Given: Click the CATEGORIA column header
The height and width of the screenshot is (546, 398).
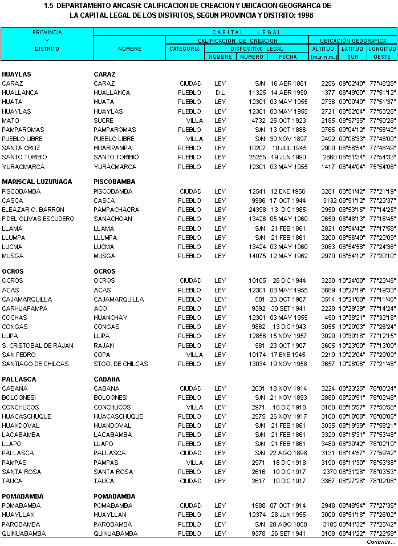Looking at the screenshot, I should point(184,49).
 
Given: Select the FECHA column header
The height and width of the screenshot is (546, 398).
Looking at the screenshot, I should point(287,57).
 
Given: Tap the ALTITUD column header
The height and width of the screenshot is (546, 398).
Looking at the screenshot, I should point(323,49).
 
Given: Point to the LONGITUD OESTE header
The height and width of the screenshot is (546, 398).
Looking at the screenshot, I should point(382,53).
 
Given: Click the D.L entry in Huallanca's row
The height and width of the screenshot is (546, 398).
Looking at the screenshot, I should point(220,93).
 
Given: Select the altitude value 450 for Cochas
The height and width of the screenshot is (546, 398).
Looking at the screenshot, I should point(330,318).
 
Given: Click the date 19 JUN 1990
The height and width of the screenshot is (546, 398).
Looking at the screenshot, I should point(289,157).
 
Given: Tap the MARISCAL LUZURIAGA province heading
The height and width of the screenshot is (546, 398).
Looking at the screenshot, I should point(37,182).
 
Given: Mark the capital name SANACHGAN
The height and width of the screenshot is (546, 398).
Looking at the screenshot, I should point(113,219).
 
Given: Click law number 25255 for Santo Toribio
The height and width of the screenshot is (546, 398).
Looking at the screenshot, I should point(257,157).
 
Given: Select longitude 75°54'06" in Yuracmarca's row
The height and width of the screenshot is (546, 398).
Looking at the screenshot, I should point(382,167).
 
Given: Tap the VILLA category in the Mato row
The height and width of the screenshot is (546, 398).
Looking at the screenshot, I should point(194,121).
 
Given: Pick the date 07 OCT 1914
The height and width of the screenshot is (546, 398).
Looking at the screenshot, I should point(289,505).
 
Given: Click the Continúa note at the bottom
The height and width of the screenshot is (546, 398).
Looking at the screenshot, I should point(380,541).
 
